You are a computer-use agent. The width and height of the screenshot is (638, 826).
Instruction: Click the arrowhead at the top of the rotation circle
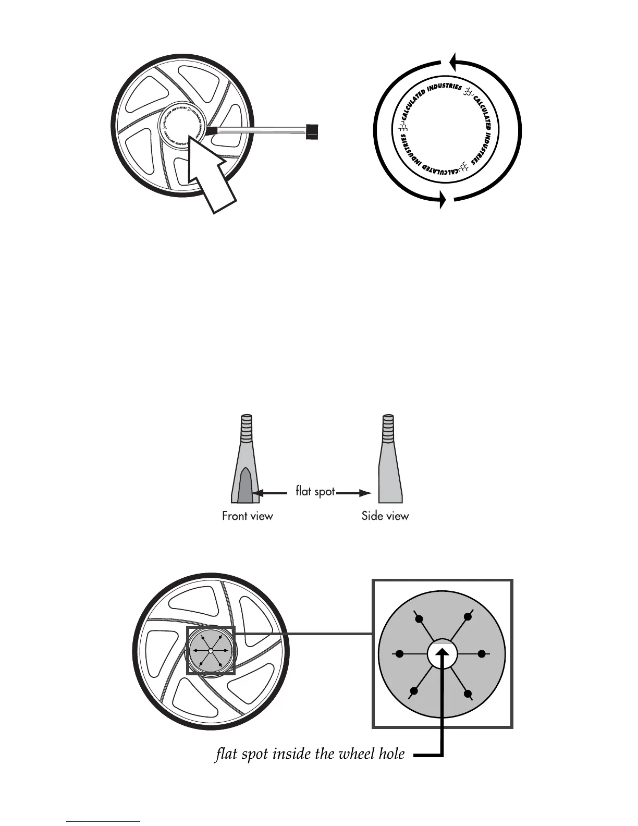coord(453,62)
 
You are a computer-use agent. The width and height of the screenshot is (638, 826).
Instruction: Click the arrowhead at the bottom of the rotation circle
coord(443,199)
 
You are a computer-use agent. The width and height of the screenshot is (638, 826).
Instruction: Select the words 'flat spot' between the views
coord(315,491)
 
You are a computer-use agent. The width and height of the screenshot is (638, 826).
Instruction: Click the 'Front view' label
coord(247,516)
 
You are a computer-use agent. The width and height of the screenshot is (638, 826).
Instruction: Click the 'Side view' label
coord(385,516)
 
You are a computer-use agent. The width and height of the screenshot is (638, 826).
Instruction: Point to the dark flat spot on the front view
coord(246,485)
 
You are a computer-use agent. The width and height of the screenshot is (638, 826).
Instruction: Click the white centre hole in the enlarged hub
coord(442,653)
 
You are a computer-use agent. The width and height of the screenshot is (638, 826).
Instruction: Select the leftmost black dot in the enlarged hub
coord(400,653)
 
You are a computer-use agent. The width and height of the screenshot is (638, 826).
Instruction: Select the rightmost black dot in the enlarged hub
coord(482,653)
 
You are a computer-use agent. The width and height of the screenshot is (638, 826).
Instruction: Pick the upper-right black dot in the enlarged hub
coord(468,617)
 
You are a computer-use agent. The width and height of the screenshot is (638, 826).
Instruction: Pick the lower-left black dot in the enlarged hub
coord(414,691)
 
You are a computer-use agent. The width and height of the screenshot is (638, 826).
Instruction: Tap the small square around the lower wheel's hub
coord(211,651)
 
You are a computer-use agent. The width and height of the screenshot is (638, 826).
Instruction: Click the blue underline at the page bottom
coord(104,821)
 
